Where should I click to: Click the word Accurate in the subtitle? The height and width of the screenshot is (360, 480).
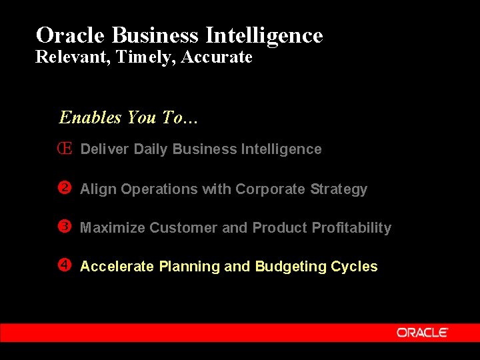coord(217,58)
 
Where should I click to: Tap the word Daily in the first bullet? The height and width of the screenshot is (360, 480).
coord(151,149)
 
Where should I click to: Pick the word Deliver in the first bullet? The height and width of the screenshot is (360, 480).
coord(105,149)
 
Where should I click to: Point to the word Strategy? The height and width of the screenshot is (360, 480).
coord(339,189)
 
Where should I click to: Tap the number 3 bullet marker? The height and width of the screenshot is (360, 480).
coord(65,227)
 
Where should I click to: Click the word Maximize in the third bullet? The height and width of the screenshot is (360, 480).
coord(113,228)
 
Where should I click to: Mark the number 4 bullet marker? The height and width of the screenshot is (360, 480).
coord(65,266)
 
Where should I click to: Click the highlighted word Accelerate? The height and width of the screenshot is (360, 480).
coord(117,267)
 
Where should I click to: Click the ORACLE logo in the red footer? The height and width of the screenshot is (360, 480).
coord(423,332)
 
